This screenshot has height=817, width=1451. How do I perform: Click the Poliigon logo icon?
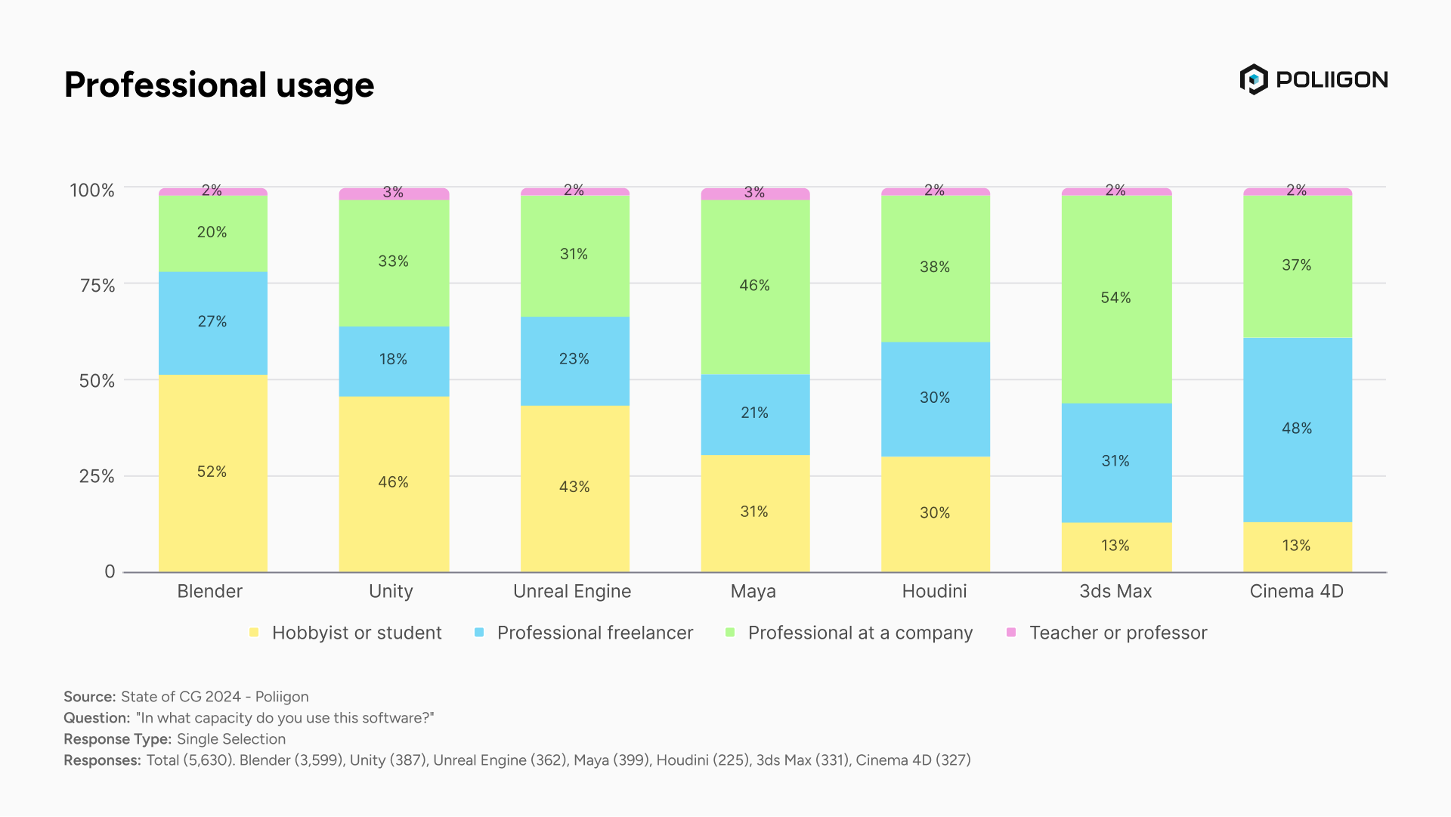coord(1254,79)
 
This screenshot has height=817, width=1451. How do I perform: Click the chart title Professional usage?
coord(219,85)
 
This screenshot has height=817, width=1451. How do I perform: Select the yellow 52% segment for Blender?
coord(212,473)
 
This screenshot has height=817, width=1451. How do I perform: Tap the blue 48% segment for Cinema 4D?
coord(1297,430)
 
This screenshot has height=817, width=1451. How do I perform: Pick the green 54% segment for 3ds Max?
coord(1116,299)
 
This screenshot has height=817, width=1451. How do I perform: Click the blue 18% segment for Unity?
coord(394,361)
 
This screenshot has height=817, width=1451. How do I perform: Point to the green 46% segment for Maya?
coord(755,287)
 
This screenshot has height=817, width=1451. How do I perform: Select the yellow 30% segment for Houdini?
coord(936,514)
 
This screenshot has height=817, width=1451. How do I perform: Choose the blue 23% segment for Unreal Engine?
coord(574,361)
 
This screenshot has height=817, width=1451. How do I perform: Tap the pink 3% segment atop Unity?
coord(394,194)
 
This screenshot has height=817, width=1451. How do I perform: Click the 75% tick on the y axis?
coord(97,286)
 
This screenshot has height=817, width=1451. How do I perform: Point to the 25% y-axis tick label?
coord(97,476)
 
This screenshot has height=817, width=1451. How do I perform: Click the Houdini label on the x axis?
coord(934,591)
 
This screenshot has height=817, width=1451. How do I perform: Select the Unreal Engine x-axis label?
coord(572,591)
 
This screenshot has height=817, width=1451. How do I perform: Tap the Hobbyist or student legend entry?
coord(346,633)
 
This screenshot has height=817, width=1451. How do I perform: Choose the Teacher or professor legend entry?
coord(1107,633)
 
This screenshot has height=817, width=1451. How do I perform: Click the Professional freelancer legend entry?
coord(584,633)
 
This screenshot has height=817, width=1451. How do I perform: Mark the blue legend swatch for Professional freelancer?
coord(479,632)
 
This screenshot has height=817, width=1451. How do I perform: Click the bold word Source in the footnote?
coord(90,697)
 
